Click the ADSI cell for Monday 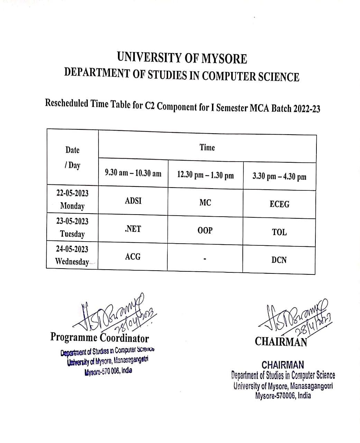tap(133, 201)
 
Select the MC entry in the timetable tap(205, 203)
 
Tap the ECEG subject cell tap(279, 204)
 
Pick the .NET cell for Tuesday tap(133, 229)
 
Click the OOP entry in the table tap(205, 230)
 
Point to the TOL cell tap(279, 232)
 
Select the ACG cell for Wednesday tap(133, 257)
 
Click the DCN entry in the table tap(279, 260)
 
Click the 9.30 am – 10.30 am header tap(133, 173)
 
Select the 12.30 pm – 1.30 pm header tap(205, 175)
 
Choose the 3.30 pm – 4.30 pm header tap(279, 177)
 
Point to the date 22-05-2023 tap(72, 193)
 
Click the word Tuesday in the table tap(72, 234)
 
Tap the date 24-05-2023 tap(72, 249)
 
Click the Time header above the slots tap(207, 148)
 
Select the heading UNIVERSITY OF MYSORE tap(182, 58)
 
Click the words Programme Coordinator tap(100, 337)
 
